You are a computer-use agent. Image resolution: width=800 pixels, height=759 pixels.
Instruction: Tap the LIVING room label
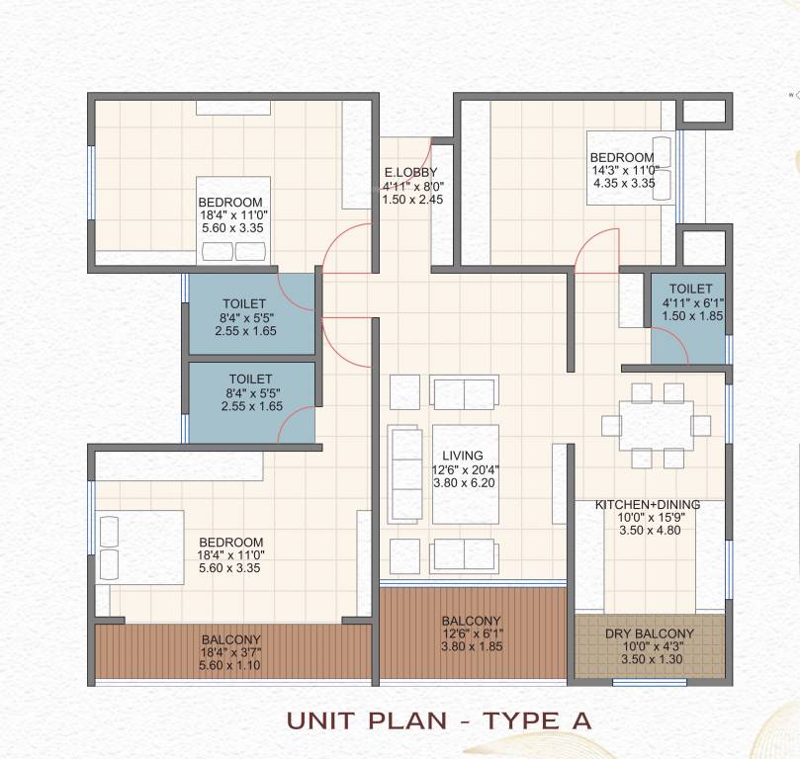(x=462, y=456)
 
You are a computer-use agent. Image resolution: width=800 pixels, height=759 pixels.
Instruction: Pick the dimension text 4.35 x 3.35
(x=624, y=182)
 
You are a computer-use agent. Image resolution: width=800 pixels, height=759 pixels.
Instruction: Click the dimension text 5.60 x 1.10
(x=230, y=666)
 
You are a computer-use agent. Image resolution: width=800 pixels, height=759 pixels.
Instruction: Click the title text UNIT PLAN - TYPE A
(x=439, y=719)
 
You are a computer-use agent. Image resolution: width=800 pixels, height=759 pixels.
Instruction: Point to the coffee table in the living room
(x=465, y=474)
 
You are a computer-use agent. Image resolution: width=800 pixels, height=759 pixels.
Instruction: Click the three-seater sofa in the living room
(x=402, y=470)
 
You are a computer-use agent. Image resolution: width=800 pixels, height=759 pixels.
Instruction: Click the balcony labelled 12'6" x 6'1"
(x=472, y=633)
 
